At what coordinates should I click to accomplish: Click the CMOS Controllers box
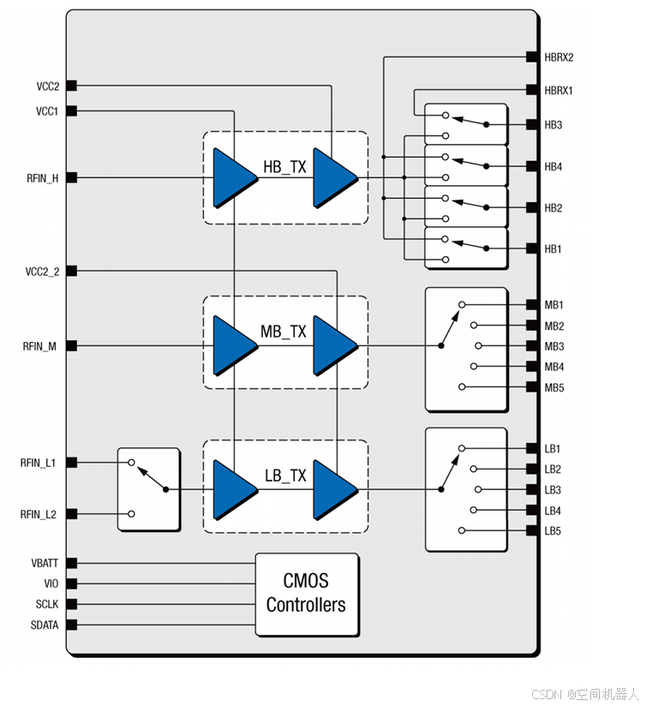(306, 594)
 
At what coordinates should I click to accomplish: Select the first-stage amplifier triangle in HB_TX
(233, 178)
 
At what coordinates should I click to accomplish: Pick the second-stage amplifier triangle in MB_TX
(333, 346)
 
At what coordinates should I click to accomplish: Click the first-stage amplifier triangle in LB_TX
(233, 490)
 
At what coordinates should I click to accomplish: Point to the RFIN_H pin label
(43, 178)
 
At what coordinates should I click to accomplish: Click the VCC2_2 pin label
(43, 272)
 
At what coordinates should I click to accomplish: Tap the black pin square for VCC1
(72, 111)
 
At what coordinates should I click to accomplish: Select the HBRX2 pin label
(559, 57)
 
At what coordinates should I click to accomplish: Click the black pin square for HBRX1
(531, 90)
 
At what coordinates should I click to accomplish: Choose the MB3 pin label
(553, 346)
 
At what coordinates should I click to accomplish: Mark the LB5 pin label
(553, 531)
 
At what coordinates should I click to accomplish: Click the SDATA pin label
(45, 625)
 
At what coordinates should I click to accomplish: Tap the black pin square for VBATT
(72, 563)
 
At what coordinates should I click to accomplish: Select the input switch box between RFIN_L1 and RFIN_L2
(149, 488)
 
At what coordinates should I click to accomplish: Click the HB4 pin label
(553, 166)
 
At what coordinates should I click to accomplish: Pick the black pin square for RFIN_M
(72, 346)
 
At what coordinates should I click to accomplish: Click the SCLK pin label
(47, 604)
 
